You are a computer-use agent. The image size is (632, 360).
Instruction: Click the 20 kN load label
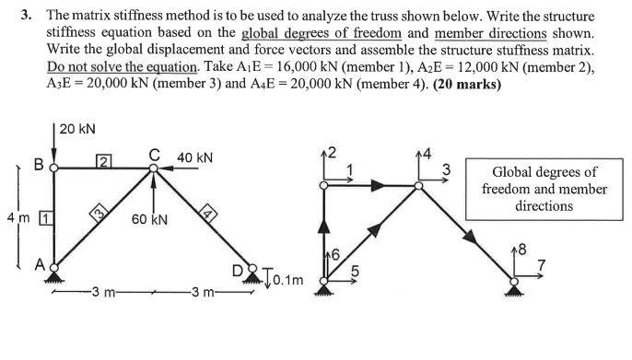78,130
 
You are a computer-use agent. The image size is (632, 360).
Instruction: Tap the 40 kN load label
194,158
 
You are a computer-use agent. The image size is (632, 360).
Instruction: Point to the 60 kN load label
149,222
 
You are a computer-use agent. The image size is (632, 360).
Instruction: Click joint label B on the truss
39,166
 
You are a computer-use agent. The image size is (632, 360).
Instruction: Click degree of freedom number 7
542,266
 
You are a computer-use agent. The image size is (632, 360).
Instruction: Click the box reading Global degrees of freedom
544,189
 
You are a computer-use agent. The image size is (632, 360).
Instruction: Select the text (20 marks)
467,84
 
